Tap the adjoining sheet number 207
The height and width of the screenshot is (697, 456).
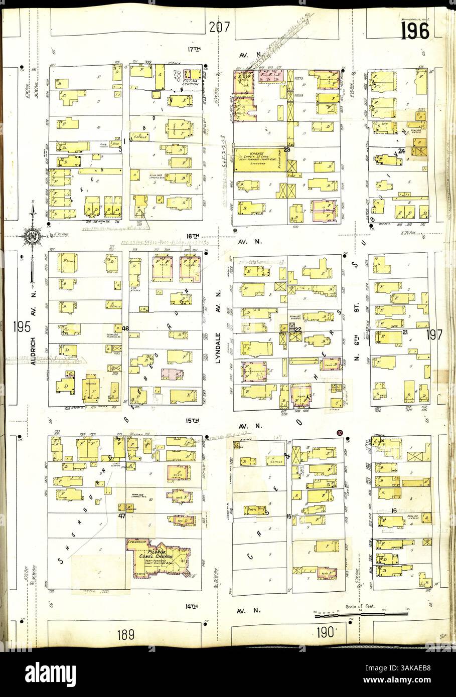[219, 28]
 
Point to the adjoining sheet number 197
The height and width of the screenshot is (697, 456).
[434, 334]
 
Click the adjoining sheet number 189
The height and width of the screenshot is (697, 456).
[125, 635]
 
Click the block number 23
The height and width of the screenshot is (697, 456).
[287, 149]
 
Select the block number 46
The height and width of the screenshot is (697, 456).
[125, 328]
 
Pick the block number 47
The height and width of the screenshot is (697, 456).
[122, 515]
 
